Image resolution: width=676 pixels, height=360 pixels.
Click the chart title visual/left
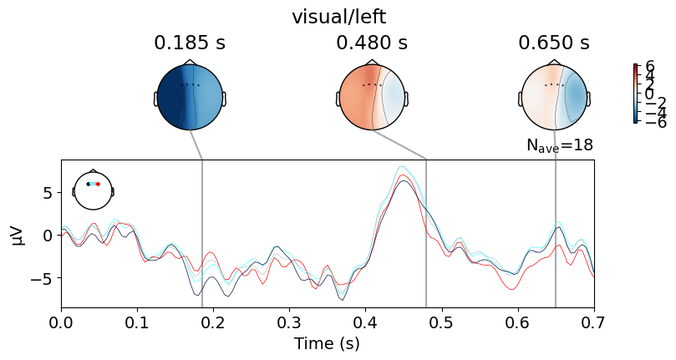click(x=338, y=17)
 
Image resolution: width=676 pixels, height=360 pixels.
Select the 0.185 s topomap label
click(x=190, y=43)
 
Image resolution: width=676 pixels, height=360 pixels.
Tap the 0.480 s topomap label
click(x=372, y=43)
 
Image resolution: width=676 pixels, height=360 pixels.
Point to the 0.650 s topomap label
click(x=554, y=43)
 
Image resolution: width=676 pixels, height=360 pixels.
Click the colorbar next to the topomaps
click(x=636, y=94)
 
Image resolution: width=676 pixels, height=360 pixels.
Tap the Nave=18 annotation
click(x=559, y=145)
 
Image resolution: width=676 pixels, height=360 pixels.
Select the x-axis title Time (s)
click(x=328, y=343)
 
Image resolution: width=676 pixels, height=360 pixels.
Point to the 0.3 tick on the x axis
click(x=289, y=321)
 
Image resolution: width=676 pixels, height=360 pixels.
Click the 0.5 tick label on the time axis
click(x=441, y=321)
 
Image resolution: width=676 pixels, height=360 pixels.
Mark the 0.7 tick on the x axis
click(x=593, y=321)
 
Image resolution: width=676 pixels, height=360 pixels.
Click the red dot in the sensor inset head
click(x=98, y=184)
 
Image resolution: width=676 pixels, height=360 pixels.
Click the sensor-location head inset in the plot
click(x=93, y=190)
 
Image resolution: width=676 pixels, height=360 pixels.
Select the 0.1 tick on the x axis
click(x=137, y=321)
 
